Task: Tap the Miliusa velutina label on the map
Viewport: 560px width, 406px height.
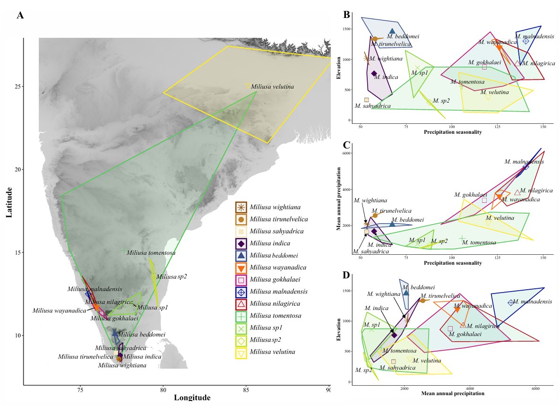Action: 273,86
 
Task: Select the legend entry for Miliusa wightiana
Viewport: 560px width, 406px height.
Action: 275,207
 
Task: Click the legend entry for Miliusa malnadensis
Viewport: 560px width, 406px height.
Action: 279,291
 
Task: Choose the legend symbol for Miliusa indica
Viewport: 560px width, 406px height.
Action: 241,243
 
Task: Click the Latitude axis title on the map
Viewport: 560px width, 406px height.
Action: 9,202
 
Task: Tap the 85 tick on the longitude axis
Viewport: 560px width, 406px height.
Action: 246,390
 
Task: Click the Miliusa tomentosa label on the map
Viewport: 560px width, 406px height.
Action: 151,253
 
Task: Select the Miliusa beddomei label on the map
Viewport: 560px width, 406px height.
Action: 142,334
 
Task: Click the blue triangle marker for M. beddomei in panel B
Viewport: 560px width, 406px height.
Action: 392,31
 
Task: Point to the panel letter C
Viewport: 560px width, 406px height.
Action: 346,145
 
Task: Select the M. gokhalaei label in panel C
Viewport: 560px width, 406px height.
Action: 471,194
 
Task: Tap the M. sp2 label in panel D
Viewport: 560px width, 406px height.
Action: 364,370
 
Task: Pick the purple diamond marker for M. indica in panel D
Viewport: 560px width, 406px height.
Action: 394,335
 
